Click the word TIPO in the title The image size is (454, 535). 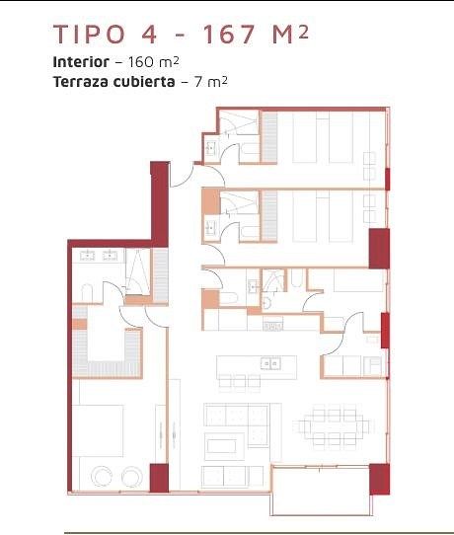(x=90, y=35)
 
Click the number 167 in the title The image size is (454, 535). (x=229, y=35)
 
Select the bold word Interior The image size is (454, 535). (x=81, y=62)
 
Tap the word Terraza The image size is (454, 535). (x=80, y=82)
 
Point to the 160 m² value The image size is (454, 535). (x=153, y=62)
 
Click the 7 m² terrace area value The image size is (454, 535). (x=211, y=82)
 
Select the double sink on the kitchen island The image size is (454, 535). (x=270, y=363)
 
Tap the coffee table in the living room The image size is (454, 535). (x=222, y=446)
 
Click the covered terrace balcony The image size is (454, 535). (x=321, y=491)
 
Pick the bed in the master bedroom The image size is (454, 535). (x=98, y=430)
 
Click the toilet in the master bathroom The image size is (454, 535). (x=87, y=293)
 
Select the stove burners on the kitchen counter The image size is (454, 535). (x=272, y=327)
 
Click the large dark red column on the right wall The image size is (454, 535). (x=379, y=249)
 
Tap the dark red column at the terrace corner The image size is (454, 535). (x=379, y=479)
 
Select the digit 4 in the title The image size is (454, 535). (x=149, y=35)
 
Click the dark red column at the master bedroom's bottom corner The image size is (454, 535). (x=159, y=478)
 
